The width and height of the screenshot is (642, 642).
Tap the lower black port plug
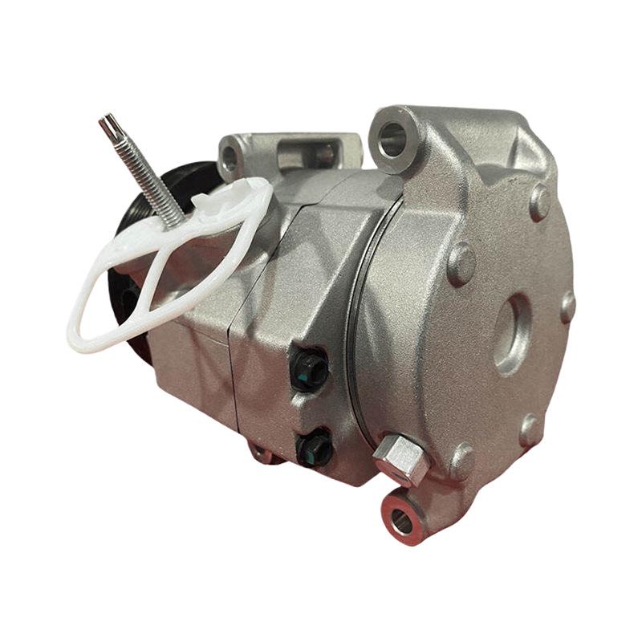pyautogui.click(x=314, y=447)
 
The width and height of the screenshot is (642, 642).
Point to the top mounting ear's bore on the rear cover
pyautogui.click(x=393, y=138)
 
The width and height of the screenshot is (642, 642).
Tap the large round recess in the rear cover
pyautogui.click(x=511, y=333)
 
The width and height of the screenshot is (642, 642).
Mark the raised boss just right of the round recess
pyautogui.click(x=568, y=306)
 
